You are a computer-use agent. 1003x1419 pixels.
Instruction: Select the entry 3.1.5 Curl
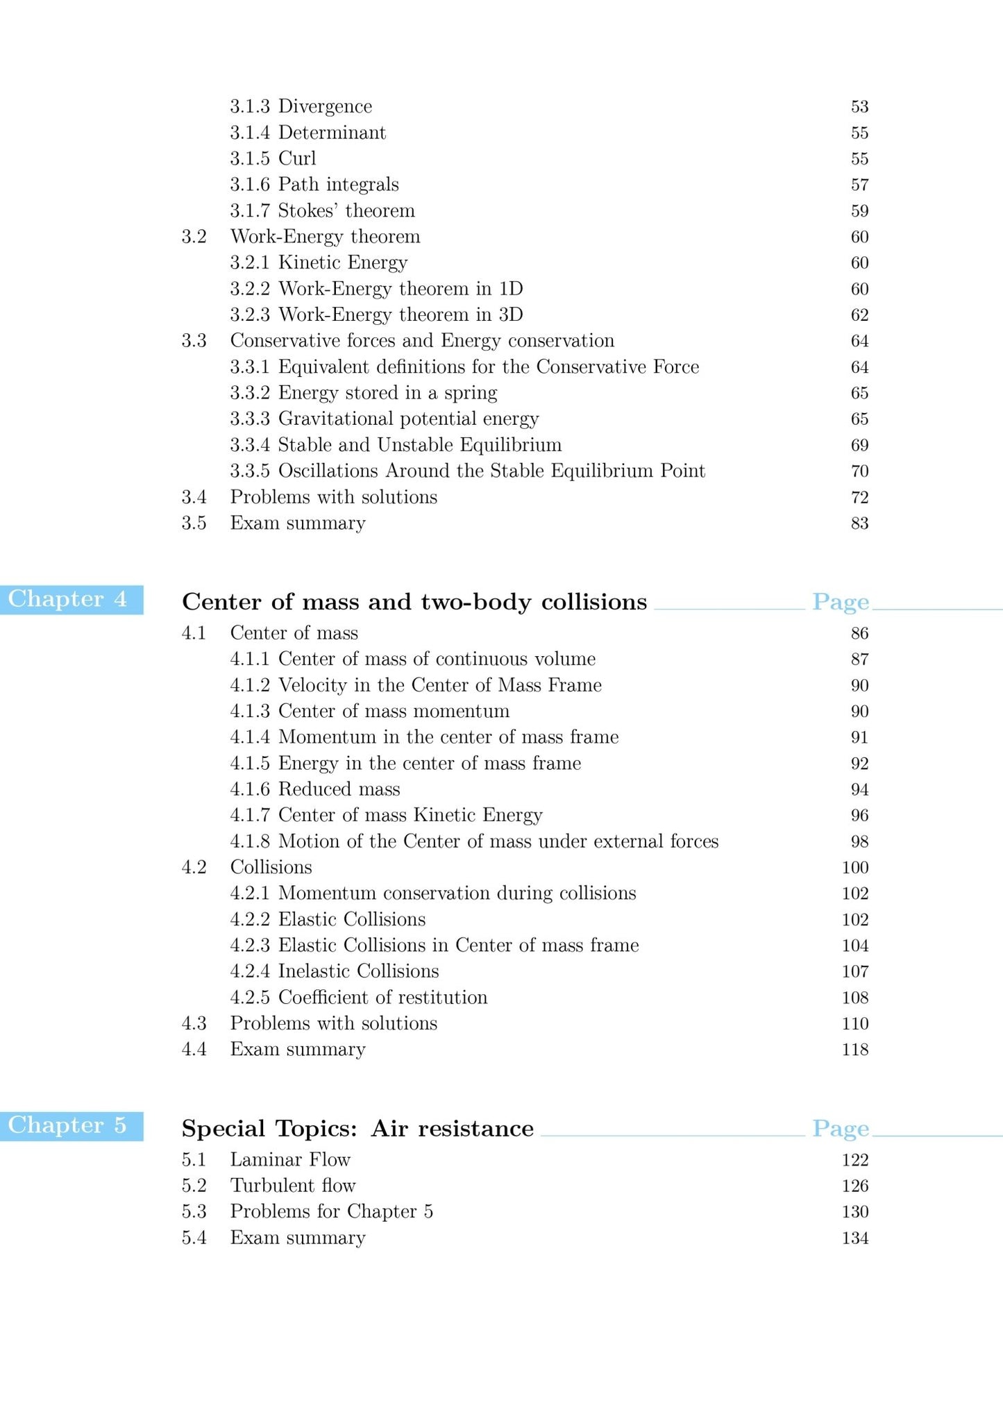[273, 158]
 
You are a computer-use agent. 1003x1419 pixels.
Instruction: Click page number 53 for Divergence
[859, 106]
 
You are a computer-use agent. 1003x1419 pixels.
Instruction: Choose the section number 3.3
[194, 341]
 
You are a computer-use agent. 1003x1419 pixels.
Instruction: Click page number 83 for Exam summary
[859, 523]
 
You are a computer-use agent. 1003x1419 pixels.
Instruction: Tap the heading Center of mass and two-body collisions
[414, 601]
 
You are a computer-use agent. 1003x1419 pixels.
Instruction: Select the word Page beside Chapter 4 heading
[841, 602]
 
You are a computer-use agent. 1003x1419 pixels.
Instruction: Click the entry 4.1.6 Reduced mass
[315, 789]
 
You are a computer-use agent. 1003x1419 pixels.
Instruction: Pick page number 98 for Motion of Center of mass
[859, 841]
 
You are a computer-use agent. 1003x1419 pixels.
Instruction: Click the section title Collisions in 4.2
[271, 867]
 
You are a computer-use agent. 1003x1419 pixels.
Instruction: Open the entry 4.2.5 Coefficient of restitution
[359, 997]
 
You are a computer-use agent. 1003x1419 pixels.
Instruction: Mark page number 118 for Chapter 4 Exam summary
[855, 1050]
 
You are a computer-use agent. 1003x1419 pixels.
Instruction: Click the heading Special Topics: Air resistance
[357, 1128]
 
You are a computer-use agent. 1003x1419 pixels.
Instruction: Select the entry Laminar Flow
[290, 1159]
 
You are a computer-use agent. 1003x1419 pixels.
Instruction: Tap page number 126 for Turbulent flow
[855, 1186]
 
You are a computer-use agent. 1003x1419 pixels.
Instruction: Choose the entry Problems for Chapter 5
[331, 1211]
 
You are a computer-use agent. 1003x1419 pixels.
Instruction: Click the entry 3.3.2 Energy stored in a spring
[364, 393]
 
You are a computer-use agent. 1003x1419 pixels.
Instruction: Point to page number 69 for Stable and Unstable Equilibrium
[859, 445]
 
